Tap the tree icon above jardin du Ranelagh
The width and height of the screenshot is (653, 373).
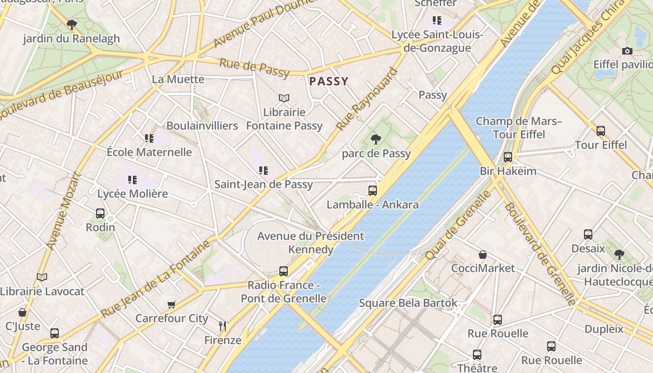click(71, 24)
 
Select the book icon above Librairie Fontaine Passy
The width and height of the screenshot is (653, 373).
click(284, 98)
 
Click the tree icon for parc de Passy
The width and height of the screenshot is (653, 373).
click(375, 139)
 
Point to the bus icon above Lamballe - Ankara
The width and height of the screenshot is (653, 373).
click(372, 190)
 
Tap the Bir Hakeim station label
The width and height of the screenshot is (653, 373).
click(508, 171)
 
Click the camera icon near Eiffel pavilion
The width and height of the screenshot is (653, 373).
click(627, 51)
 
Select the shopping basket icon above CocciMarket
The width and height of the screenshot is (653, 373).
click(483, 255)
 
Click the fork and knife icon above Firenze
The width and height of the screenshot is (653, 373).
click(223, 326)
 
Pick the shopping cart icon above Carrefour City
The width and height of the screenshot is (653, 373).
click(172, 304)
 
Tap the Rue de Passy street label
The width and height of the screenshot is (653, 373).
click(254, 68)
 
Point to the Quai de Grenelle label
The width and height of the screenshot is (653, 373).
click(458, 225)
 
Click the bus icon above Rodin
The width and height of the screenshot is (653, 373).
click(100, 214)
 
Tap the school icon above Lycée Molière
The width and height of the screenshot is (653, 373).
click(132, 180)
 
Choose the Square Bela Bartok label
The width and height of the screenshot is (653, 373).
click(408, 303)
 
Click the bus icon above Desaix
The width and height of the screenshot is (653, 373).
click(588, 234)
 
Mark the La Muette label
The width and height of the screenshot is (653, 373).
click(178, 79)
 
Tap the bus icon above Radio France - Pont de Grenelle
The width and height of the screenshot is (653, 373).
click(284, 271)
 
